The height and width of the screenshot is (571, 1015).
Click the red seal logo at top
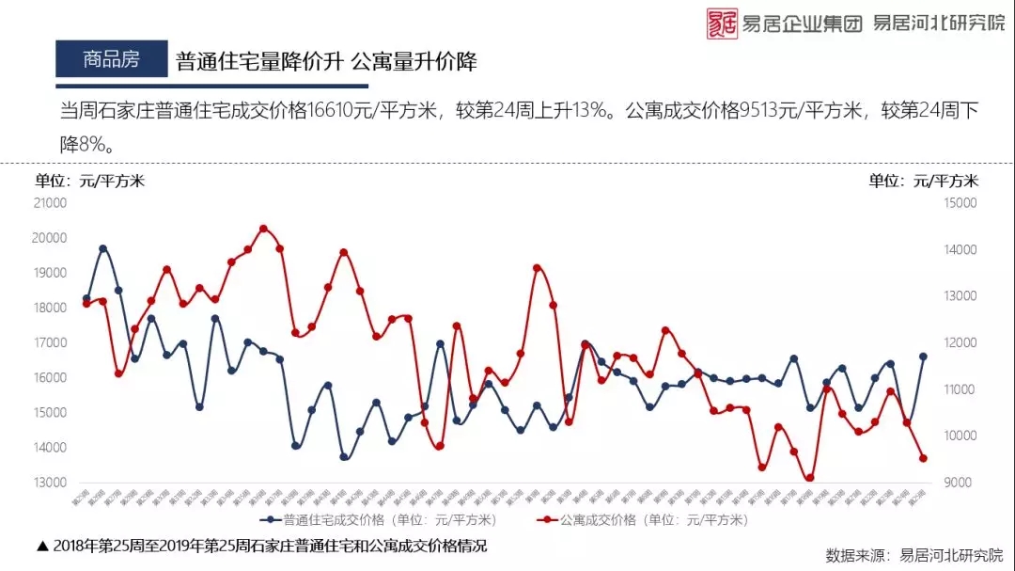(723, 23)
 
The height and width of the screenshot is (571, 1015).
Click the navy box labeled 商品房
(111, 59)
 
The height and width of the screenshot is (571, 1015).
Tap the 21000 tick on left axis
(49, 202)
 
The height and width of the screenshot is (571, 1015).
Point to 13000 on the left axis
(49, 483)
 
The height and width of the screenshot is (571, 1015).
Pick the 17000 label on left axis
(49, 342)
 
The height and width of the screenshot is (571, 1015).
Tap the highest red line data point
(263, 229)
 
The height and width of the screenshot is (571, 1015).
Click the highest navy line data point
(102, 248)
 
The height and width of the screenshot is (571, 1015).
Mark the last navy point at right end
(923, 357)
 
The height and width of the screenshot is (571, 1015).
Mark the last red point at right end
(923, 458)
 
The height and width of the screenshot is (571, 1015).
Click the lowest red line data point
(809, 478)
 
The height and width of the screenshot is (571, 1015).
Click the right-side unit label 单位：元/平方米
(923, 181)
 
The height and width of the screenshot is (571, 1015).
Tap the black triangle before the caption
(41, 546)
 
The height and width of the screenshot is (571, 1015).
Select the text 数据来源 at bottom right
(855, 554)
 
